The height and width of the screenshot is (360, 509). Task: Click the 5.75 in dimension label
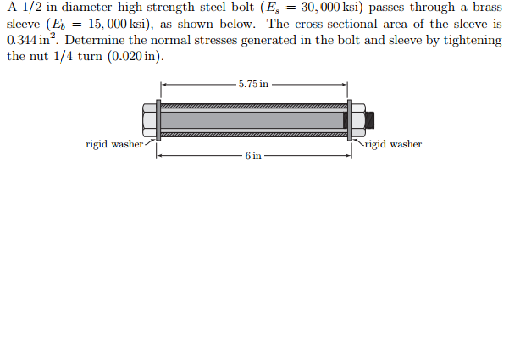[x=253, y=84]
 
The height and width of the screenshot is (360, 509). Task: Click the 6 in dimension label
[x=253, y=156]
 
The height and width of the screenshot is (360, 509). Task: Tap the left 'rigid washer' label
[x=114, y=144]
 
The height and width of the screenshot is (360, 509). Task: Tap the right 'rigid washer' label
[x=393, y=144]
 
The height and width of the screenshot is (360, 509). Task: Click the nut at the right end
[x=359, y=120]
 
